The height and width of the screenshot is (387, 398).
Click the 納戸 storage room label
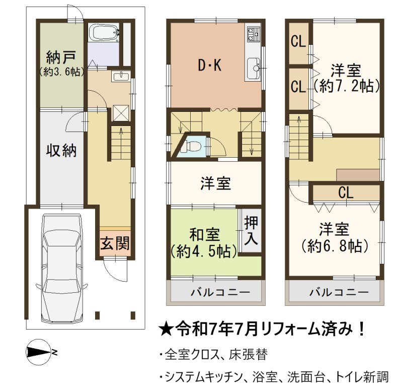tap(61, 57)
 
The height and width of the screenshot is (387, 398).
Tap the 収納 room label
tap(61, 151)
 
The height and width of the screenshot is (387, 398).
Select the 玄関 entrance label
tap(115, 243)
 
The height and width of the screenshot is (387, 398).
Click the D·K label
tap(210, 65)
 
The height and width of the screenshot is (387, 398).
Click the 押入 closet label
tap(251, 231)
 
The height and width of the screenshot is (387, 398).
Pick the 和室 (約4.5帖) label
tap(205, 243)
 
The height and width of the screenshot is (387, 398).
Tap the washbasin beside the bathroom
tap(121, 76)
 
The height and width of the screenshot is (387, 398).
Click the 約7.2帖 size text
tap(347, 86)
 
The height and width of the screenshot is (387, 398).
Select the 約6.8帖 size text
tap(335, 245)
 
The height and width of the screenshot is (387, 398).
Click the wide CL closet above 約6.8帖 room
tap(346, 192)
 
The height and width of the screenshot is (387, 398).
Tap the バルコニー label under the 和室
tap(220, 292)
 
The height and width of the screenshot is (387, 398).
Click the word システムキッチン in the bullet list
tap(204, 377)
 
